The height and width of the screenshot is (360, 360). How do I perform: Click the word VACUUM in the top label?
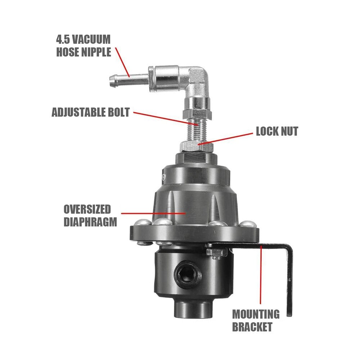point(91,39)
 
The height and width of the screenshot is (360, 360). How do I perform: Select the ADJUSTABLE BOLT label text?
point(91,112)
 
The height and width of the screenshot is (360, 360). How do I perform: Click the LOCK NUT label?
point(277,131)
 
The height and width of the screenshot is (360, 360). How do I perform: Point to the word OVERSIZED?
point(87,210)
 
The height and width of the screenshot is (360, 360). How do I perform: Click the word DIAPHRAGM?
point(90,222)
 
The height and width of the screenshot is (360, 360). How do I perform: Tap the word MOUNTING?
point(256,314)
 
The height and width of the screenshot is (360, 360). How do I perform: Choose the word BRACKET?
point(252,327)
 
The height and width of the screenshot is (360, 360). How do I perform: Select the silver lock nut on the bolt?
point(197,146)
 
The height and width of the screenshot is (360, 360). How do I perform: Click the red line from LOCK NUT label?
point(225,139)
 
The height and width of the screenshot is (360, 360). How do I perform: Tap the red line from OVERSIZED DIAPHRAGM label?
point(153,213)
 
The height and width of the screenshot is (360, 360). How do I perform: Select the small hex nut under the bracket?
point(214,253)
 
